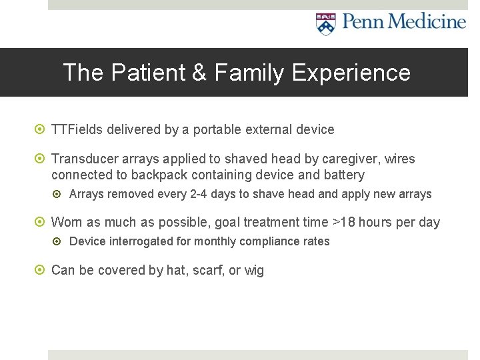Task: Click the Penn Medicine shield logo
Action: pos(325,24)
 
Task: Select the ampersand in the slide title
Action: pos(199,72)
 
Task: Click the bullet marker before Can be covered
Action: pos(41,271)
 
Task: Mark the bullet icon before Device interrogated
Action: pos(59,241)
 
